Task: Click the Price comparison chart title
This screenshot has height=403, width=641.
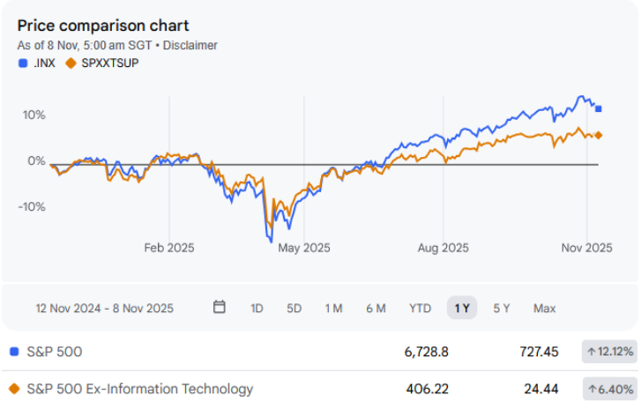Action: pos(103,26)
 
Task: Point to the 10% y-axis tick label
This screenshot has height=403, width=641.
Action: pos(34,115)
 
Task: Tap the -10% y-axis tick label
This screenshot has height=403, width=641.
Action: pos(33,206)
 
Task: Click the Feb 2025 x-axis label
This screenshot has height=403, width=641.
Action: pos(169,248)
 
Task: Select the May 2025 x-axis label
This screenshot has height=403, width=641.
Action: pos(304,248)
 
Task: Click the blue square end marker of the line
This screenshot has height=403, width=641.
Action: pos(600,109)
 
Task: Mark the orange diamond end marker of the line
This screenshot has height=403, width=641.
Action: pos(600,135)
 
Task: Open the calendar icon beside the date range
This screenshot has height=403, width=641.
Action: pos(220,308)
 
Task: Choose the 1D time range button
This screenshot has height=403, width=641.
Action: pos(257,308)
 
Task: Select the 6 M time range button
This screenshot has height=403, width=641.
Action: pos(376,308)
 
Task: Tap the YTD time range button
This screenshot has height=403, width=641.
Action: pos(420,308)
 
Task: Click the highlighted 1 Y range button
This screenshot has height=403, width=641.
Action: pos(462,308)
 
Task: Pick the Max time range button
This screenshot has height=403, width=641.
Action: pos(544,308)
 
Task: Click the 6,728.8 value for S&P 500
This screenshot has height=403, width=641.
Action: pos(427,352)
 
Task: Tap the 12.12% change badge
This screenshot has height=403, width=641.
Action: pos(608,352)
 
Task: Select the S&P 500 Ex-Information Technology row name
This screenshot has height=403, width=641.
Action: pos(140,389)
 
